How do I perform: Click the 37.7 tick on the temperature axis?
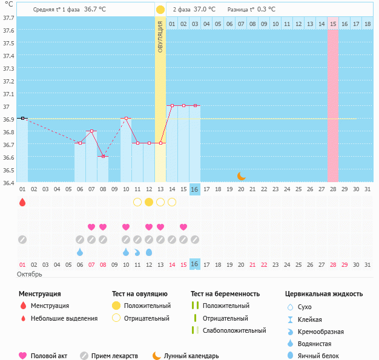[8, 18]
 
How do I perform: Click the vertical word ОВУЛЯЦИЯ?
[160, 36]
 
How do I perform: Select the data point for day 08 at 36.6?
[103, 157]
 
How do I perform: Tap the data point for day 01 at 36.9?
[22, 119]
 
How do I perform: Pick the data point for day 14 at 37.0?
[172, 106]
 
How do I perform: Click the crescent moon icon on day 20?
[241, 175]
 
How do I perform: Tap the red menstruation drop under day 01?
[22, 202]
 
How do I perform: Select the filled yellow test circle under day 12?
[149, 202]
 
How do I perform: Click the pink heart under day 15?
[183, 227]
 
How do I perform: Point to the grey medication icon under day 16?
[195, 240]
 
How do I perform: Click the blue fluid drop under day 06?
[80, 252]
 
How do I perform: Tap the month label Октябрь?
[30, 275]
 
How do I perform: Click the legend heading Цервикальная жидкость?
[324, 294]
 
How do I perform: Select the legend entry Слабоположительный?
[234, 330]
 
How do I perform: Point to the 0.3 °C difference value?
[266, 10]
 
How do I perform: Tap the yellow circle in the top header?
[160, 10]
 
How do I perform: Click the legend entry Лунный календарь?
[188, 356]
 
